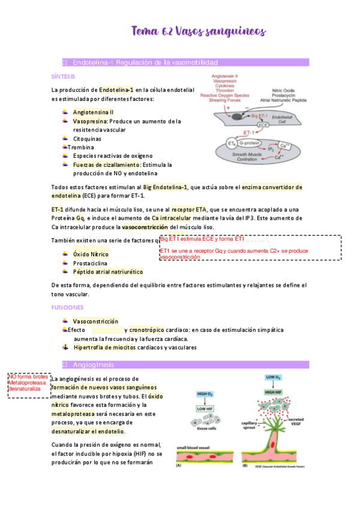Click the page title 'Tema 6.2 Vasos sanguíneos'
pyautogui.click(x=198, y=31)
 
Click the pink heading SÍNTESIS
pyautogui.click(x=64, y=77)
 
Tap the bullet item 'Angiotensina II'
pyautogui.click(x=93, y=112)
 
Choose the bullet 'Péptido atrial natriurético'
pyautogui.click(x=107, y=272)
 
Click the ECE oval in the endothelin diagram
pyautogui.click(x=263, y=125)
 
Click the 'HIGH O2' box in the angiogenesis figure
pyautogui.click(x=205, y=394)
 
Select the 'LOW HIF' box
pyautogui.click(x=205, y=409)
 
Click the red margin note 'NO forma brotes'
pyautogui.click(x=28, y=376)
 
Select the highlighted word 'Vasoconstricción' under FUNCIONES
pyautogui.click(x=95, y=321)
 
